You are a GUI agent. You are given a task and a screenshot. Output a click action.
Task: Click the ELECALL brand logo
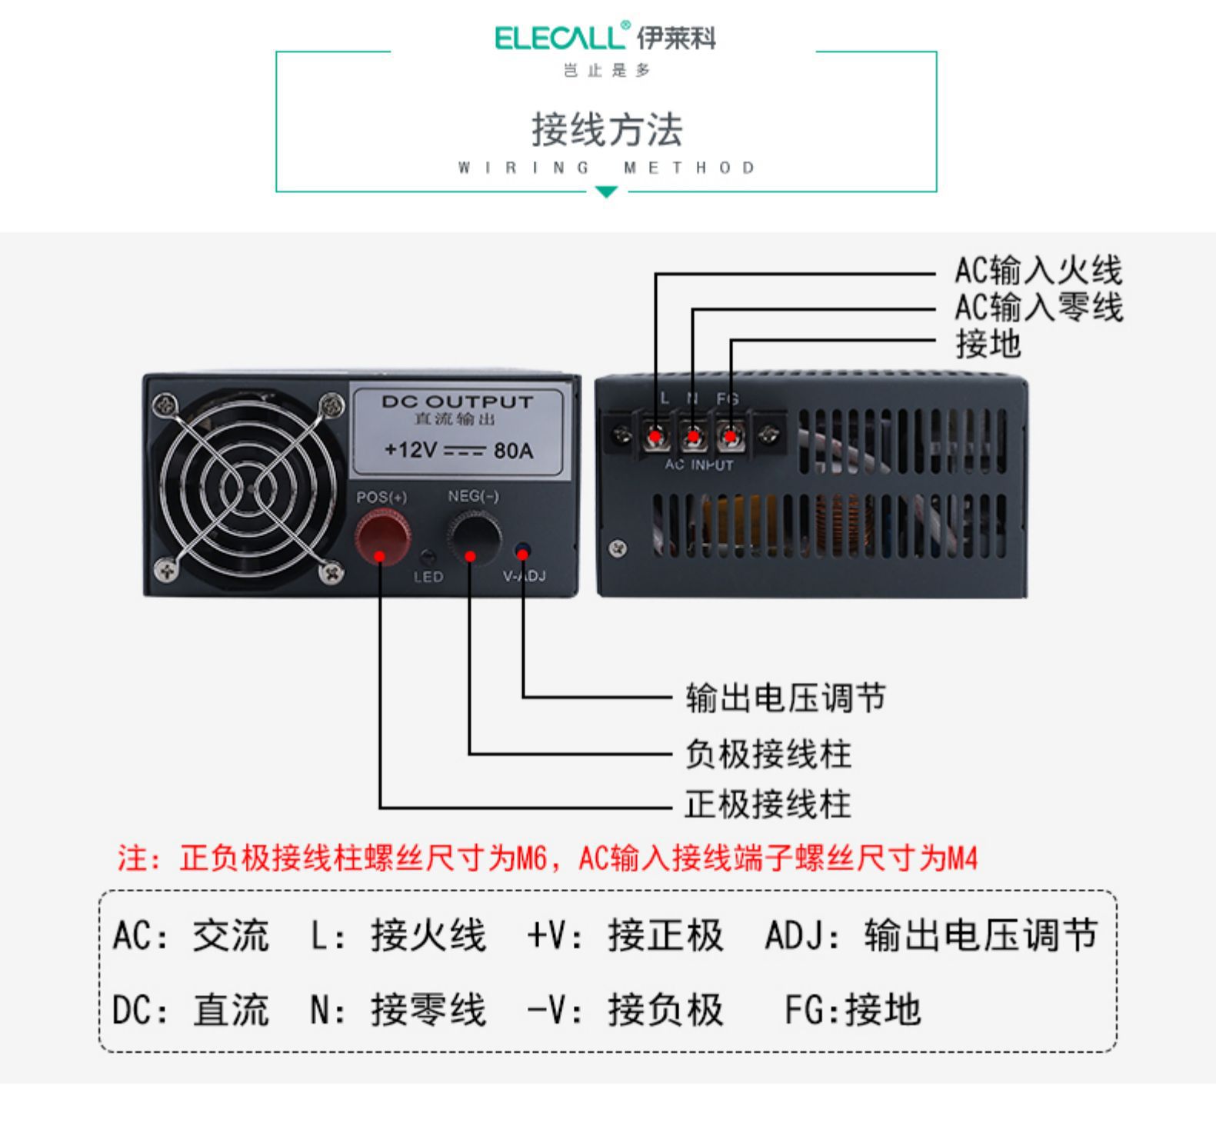pyautogui.click(x=605, y=38)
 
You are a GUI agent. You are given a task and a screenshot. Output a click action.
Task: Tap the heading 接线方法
pyautogui.click(x=607, y=129)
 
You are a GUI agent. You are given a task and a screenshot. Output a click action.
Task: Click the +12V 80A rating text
pyautogui.click(x=458, y=450)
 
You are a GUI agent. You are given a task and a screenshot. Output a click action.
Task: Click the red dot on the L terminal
pyautogui.click(x=655, y=437)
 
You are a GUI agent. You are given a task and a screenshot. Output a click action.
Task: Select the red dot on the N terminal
pyautogui.click(x=693, y=437)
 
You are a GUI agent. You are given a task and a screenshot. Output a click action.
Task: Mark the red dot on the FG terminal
pyautogui.click(x=729, y=437)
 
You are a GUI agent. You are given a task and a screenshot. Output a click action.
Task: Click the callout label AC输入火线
pyautogui.click(x=1038, y=271)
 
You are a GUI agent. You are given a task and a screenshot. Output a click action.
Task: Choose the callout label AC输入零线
pyautogui.click(x=1038, y=307)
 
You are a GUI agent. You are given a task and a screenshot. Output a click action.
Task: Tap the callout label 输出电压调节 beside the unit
pyautogui.click(x=785, y=698)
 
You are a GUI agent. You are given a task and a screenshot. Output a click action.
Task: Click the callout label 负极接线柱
pyautogui.click(x=768, y=753)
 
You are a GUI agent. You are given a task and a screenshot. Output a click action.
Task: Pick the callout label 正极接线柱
pyautogui.click(x=768, y=805)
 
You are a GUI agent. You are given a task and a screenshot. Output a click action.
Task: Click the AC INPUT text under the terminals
pyautogui.click(x=699, y=465)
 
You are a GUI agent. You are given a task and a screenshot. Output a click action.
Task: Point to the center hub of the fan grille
pyautogui.click(x=249, y=487)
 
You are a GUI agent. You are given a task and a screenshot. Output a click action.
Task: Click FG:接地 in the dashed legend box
pyautogui.click(x=852, y=1009)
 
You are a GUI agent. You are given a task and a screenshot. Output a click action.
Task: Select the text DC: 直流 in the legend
pyautogui.click(x=191, y=1009)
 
